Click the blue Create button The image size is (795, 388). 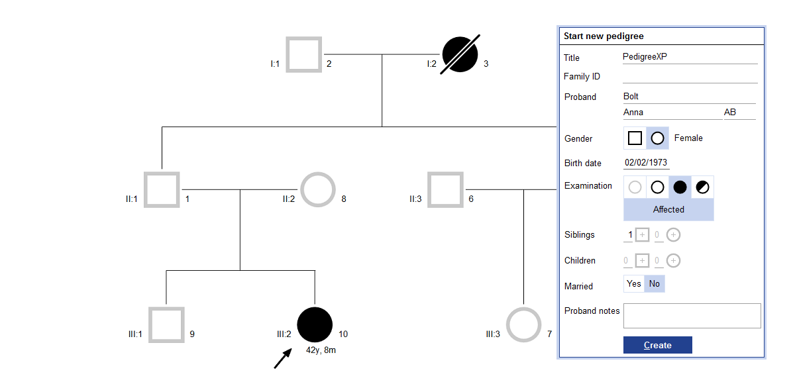[x=657, y=345]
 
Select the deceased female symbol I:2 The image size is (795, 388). [x=460, y=54]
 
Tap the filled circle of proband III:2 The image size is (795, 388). [x=315, y=324]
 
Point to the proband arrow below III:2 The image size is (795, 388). [x=283, y=358]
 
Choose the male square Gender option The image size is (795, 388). [x=635, y=138]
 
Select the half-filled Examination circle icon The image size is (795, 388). [x=702, y=187]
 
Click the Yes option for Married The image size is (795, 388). [x=634, y=284]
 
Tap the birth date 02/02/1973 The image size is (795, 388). [x=646, y=162]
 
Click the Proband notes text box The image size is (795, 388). [x=692, y=316]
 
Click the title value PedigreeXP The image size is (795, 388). [x=645, y=56]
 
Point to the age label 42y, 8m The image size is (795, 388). [x=321, y=350]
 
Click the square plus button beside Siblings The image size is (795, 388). [x=642, y=235]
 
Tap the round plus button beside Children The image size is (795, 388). [x=673, y=261]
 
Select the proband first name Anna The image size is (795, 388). [x=633, y=112]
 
